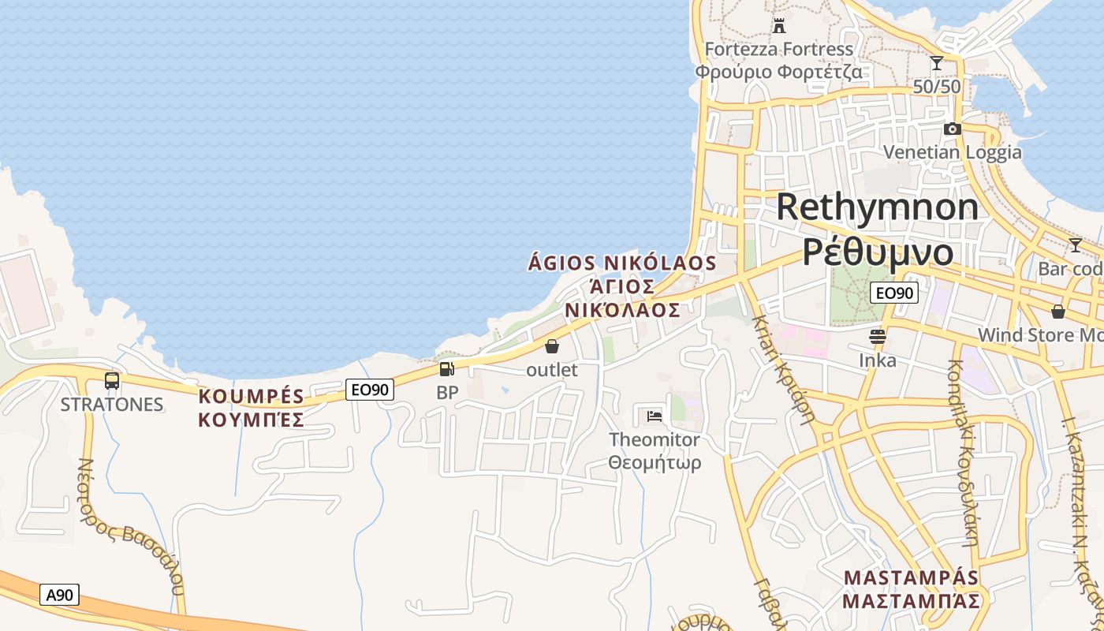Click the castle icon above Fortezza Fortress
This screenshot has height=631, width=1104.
[779, 25]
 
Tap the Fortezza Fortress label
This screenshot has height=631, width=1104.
[778, 50]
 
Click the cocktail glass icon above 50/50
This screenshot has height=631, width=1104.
[937, 63]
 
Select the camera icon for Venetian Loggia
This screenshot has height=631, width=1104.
[952, 129]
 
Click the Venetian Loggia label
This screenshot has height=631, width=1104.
[952, 152]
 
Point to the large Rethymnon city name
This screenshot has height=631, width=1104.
[877, 207]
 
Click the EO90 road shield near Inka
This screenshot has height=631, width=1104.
[894, 293]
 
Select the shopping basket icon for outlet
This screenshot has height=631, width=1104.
[552, 346]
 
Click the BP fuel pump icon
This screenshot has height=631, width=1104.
[446, 369]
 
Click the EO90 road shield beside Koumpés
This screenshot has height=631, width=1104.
[370, 389]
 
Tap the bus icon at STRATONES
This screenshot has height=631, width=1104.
[112, 382]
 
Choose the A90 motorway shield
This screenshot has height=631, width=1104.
[59, 595]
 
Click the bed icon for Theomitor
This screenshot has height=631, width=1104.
[654, 416]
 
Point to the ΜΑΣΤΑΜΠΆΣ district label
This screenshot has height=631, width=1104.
[911, 601]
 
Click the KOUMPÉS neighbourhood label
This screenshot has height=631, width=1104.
[252, 396]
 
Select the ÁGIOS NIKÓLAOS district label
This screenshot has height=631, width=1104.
[622, 263]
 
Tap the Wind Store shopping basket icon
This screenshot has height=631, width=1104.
[1058, 312]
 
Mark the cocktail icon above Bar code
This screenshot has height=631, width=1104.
[1075, 245]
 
